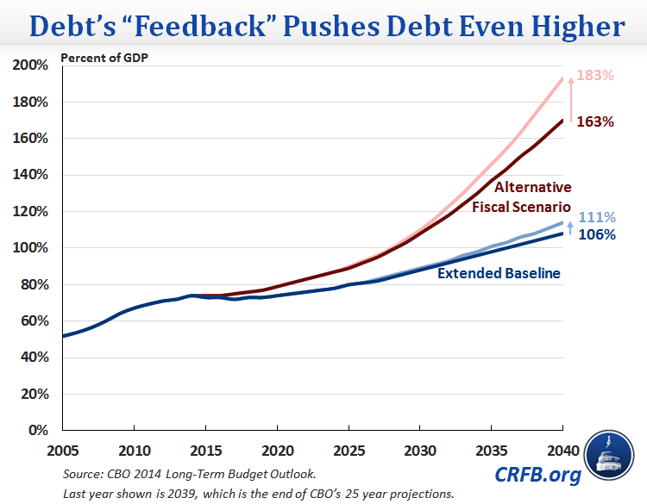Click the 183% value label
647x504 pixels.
point(595,76)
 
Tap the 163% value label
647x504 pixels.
point(595,121)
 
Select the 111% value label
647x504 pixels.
point(597,218)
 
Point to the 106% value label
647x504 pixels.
point(597,234)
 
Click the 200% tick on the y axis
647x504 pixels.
point(31,66)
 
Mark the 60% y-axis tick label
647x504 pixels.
point(35,320)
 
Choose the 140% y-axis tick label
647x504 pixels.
point(31,175)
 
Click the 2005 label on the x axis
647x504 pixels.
point(62,449)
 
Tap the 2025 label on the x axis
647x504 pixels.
point(348,449)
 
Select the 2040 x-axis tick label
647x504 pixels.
point(562,449)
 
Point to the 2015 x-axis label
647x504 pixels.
point(204,449)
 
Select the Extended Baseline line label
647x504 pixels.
point(499,274)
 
